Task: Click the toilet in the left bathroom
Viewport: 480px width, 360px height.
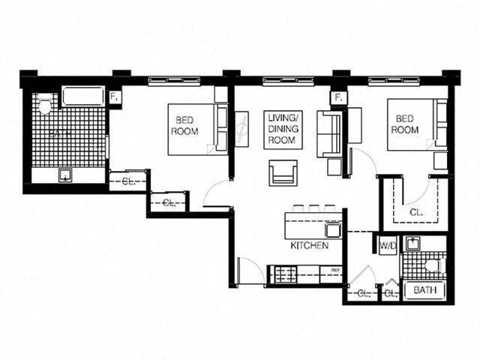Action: click(x=45, y=106)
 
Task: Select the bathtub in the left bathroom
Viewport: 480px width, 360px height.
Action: click(x=84, y=97)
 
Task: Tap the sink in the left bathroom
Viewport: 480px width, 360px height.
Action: click(x=66, y=175)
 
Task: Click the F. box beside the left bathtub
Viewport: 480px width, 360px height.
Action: click(x=115, y=97)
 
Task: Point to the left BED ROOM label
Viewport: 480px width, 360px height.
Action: click(x=184, y=125)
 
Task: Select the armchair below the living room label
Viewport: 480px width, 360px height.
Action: click(x=283, y=172)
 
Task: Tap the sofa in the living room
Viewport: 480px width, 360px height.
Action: click(x=328, y=133)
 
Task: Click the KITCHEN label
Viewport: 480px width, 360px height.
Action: click(x=309, y=245)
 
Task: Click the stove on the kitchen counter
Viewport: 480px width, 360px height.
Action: click(x=283, y=275)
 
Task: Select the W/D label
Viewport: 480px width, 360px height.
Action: click(x=387, y=246)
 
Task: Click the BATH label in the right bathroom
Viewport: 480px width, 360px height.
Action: click(x=424, y=291)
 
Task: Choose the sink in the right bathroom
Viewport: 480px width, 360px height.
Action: click(x=412, y=244)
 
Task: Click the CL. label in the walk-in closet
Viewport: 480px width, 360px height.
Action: click(x=416, y=212)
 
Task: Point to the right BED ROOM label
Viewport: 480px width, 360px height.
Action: click(x=404, y=124)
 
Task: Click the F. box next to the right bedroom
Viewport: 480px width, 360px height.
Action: click(x=338, y=97)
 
